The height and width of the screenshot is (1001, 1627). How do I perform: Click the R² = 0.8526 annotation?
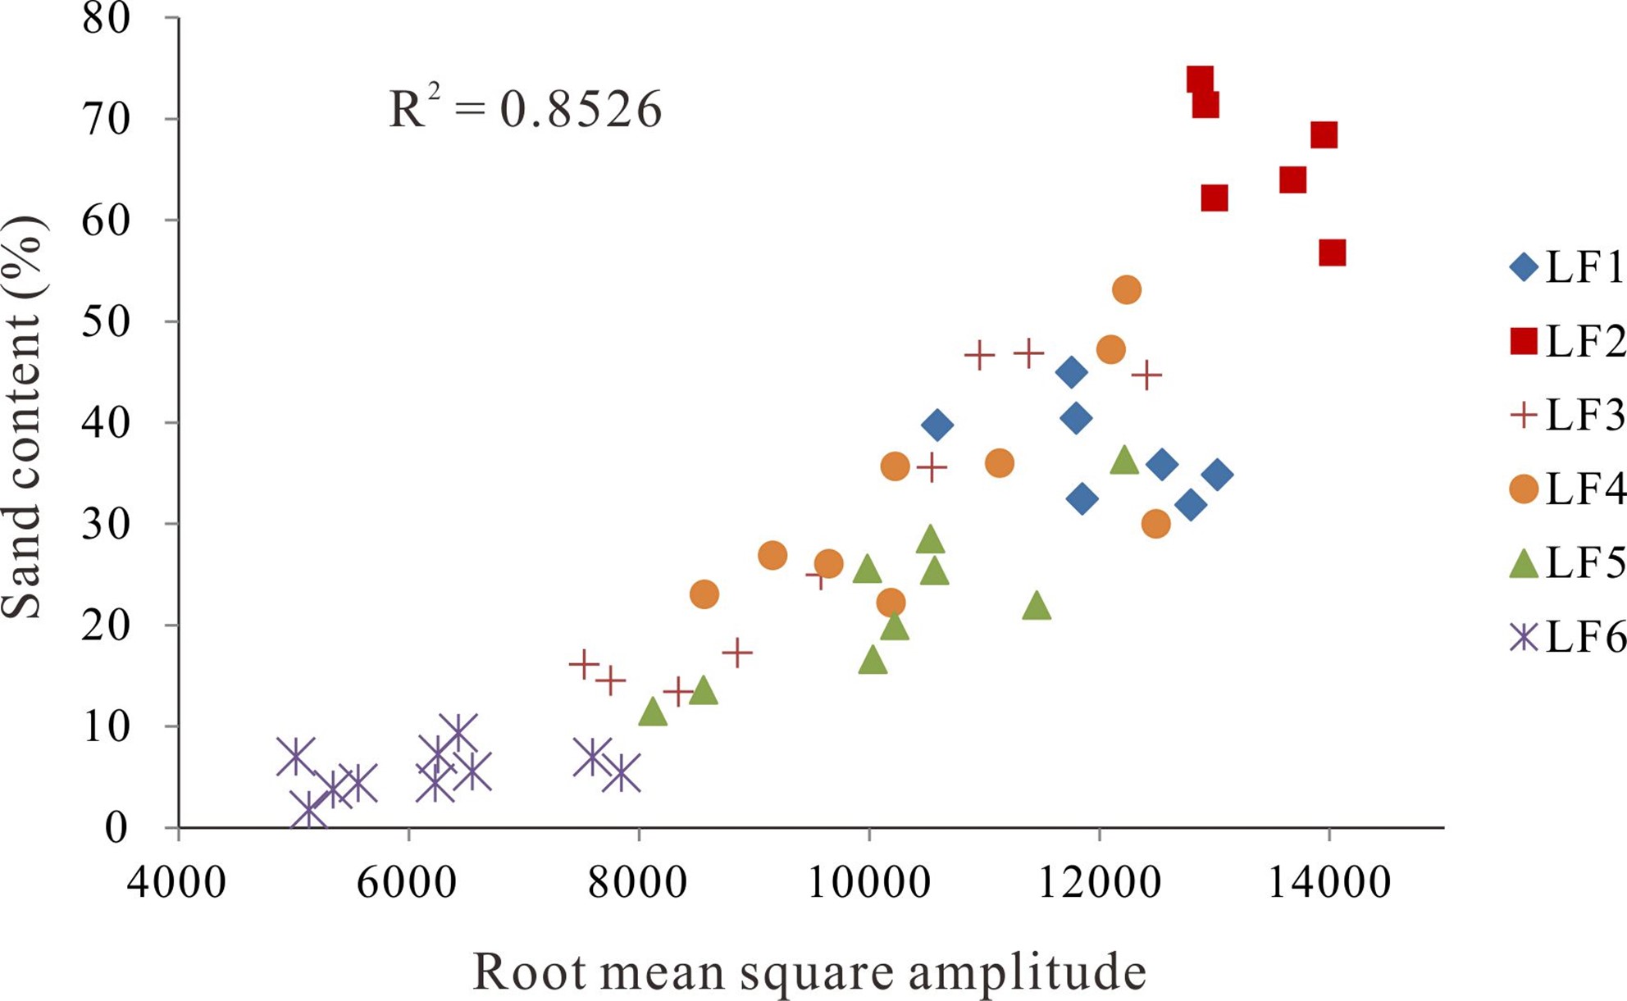coord(525,108)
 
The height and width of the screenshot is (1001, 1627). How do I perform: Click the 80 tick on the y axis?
coord(107,18)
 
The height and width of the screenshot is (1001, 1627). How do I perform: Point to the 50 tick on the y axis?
coord(107,321)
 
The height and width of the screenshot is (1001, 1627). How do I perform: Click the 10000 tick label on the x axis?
coord(868,883)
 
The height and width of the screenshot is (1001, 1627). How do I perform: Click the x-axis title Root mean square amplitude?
coord(809,972)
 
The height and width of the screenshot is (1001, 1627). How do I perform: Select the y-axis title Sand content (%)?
coord(23,417)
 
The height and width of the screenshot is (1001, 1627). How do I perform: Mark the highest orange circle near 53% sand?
coord(1127,289)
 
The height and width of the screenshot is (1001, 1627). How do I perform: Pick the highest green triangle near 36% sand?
coord(1124,461)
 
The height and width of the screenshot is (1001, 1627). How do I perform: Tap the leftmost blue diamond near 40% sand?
coord(937,425)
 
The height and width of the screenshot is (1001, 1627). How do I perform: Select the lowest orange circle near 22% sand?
coord(891,603)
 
